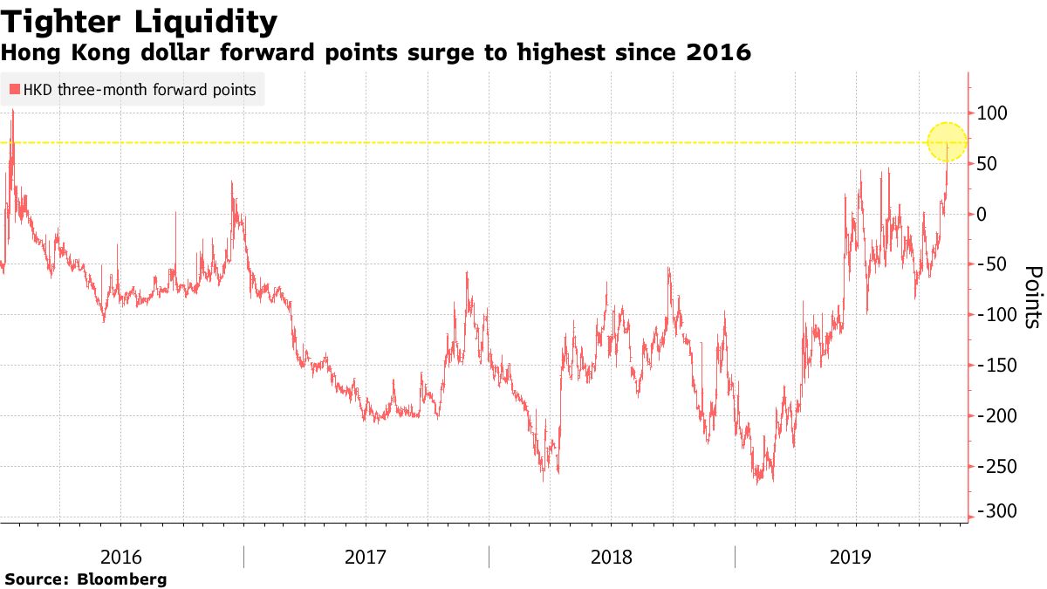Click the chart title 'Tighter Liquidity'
click(x=140, y=21)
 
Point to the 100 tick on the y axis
click(x=992, y=113)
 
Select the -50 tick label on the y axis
click(x=993, y=264)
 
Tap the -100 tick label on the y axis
click(x=996, y=315)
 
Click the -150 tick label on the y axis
click(x=996, y=366)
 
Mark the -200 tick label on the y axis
click(x=996, y=416)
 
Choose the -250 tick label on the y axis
click(x=996, y=467)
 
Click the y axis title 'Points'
click(x=1032, y=297)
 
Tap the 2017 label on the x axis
click(x=366, y=557)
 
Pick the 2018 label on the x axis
click(x=612, y=557)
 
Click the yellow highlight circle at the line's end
click(x=947, y=141)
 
